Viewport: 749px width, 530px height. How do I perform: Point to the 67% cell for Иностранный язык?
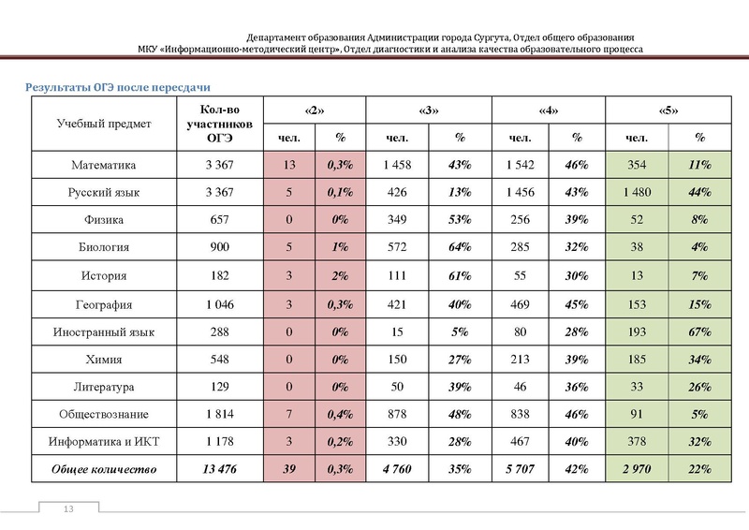(698, 331)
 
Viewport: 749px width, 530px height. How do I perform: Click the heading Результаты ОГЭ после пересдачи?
(115, 87)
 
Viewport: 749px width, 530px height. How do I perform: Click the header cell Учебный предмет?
(96, 123)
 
